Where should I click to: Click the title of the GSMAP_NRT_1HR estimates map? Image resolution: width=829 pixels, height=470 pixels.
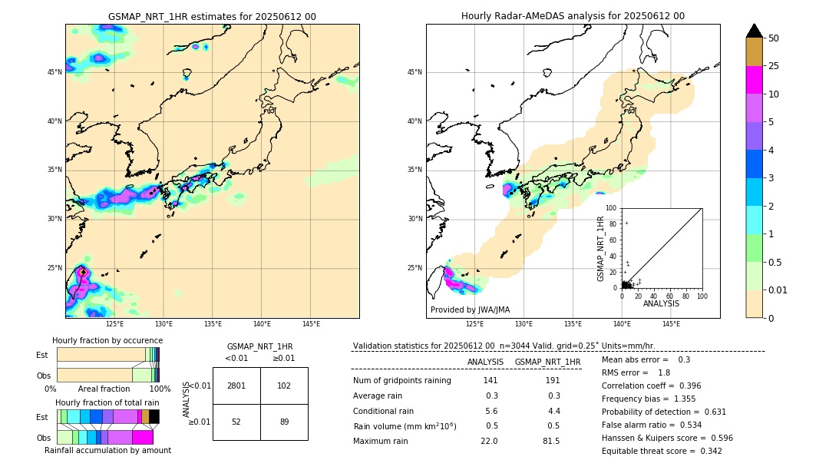coord(212,16)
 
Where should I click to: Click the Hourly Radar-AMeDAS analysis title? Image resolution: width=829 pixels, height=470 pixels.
coord(573,16)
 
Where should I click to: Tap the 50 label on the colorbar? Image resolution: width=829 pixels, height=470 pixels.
coord(774,38)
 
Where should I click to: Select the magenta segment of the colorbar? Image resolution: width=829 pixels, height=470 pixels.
coord(755,80)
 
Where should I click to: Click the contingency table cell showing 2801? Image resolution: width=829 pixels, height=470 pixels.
coord(236,386)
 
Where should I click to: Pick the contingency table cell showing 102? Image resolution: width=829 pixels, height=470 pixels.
coord(284,386)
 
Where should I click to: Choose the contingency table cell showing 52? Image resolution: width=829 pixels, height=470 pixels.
coord(236,422)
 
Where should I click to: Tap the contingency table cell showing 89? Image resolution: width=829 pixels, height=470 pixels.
coord(284,422)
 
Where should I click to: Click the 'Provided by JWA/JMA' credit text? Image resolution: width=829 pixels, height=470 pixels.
coord(470,309)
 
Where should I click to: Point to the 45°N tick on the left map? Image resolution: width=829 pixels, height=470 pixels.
coord(54,72)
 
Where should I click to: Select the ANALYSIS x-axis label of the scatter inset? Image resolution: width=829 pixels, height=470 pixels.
coord(661,303)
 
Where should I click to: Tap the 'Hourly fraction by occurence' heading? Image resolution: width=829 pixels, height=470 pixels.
coord(107,340)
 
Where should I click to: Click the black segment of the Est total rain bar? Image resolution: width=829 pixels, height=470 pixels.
coord(154,416)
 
